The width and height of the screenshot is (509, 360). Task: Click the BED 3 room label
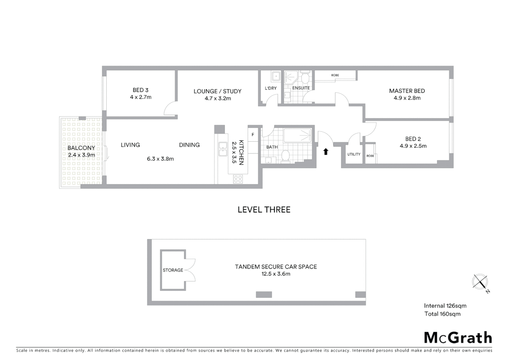[x=140, y=90]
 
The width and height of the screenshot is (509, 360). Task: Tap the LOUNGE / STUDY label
[x=217, y=91]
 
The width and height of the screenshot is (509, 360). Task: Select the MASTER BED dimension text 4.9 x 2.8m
[x=407, y=98]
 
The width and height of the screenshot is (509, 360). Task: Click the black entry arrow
[x=326, y=152]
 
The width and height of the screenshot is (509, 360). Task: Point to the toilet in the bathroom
[x=285, y=156]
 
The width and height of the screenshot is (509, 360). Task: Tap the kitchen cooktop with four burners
[x=238, y=179]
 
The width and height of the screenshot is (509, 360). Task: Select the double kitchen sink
[x=223, y=149]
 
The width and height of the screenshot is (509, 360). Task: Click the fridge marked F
[x=253, y=135]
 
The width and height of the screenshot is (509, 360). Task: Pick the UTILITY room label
[x=353, y=154]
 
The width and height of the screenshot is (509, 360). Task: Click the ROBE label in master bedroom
[x=335, y=75]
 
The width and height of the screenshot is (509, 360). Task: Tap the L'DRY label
[x=270, y=88]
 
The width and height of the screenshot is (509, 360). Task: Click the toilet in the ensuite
[x=304, y=79]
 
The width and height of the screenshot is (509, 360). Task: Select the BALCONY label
[x=81, y=148]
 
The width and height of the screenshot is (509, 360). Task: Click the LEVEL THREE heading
[x=264, y=210]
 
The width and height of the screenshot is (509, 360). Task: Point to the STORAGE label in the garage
[x=173, y=270]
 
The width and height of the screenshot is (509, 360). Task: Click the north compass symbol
[x=480, y=282]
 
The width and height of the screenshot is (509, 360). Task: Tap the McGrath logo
[x=458, y=338]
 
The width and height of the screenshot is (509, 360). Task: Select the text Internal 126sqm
[x=445, y=306]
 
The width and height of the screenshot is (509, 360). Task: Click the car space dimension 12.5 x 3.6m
[x=275, y=274]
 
